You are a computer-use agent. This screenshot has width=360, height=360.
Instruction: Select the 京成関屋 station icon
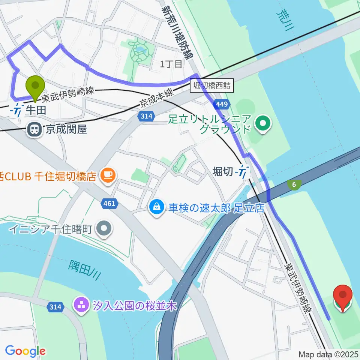tap(34, 130)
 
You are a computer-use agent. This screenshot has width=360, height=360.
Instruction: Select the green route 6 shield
tap(294, 184)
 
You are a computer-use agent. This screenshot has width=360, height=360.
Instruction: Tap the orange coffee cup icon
tap(108, 175)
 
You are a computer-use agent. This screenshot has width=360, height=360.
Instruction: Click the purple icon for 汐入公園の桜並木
tap(80, 306)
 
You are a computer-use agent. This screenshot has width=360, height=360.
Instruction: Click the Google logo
tap(25, 351)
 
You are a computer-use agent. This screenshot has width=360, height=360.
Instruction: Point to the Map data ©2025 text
tap(328, 354)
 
